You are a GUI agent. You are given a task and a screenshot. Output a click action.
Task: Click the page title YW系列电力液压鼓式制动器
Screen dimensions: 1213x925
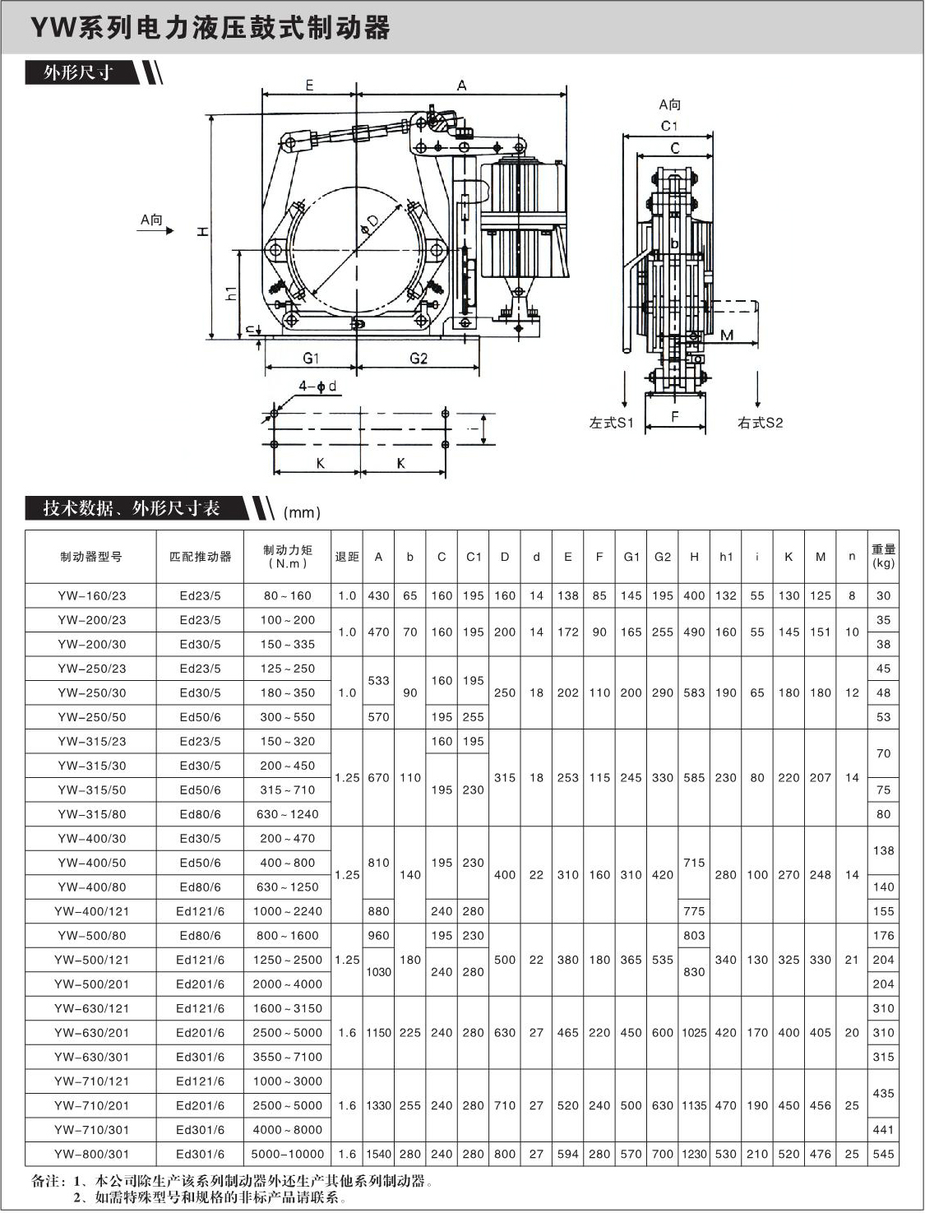210,28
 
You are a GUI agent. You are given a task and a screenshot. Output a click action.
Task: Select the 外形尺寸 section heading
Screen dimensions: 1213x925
79,73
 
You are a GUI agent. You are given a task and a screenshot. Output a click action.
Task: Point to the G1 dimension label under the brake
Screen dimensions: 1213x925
311,359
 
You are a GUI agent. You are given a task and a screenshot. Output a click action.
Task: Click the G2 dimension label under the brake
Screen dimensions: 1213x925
419,359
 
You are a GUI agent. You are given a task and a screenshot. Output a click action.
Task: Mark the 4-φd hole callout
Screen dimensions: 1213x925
317,387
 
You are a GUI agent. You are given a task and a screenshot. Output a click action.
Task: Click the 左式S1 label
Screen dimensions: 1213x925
611,423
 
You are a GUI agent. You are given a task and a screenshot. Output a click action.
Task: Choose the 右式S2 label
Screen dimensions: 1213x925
760,423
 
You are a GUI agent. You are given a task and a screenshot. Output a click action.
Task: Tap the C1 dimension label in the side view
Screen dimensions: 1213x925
669,126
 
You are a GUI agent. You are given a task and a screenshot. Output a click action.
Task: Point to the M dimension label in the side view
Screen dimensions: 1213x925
727,335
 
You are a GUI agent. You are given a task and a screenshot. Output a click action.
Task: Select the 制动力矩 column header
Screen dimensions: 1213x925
288,557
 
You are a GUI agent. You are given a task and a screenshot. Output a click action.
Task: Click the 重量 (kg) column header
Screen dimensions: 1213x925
884,557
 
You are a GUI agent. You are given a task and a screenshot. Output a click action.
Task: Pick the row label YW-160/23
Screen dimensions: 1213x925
92,596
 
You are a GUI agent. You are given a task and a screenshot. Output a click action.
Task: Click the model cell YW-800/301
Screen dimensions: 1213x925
92,1154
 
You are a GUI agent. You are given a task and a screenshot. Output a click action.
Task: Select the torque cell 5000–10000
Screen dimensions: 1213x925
288,1154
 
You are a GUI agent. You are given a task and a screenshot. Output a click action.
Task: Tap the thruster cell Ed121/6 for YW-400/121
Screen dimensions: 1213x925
200,911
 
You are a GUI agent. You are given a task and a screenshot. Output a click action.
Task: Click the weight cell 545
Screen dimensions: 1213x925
884,1154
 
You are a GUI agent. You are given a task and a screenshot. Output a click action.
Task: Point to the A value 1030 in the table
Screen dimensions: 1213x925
378,972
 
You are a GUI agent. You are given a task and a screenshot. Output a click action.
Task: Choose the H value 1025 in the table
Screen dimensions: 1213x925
694,1033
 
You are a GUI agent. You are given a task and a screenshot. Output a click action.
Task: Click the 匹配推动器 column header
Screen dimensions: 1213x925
200,557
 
